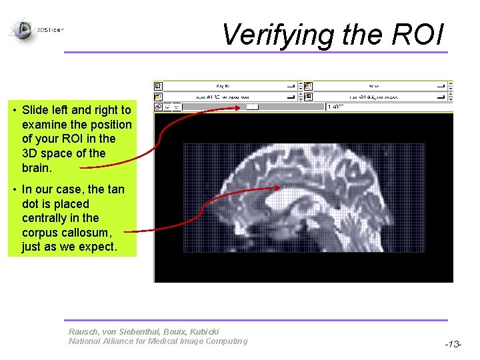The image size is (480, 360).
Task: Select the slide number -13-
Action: click(454, 344)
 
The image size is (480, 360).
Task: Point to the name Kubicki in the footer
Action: click(204, 331)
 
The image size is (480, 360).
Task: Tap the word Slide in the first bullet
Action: click(35, 110)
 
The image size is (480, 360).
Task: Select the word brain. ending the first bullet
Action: click(37, 167)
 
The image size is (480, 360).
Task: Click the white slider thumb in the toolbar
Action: click(252, 106)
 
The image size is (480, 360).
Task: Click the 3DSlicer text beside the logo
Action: click(51, 30)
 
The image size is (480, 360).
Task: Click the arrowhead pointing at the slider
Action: click(241, 107)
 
